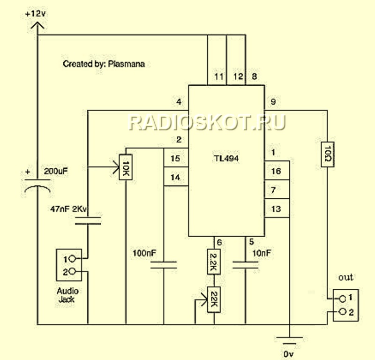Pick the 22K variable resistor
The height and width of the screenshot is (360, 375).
pos(214,299)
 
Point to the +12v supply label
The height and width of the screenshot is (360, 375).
pos(36,14)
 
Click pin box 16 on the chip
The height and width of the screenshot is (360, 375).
pos(276,172)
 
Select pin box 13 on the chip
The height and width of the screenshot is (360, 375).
pos(276,209)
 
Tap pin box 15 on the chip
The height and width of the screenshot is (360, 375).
pos(175,159)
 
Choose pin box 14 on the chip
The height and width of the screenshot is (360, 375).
pos(175,178)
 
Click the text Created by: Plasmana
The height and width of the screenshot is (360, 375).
pos(104,64)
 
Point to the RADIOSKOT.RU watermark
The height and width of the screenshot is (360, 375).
pos(207,122)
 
